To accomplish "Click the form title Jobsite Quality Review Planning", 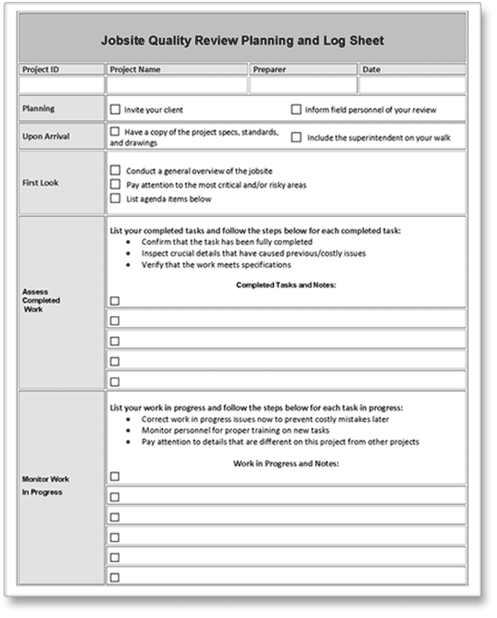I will (241, 41).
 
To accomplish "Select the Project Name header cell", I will (135, 69).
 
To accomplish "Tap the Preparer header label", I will (270, 69).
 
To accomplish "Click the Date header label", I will (371, 69).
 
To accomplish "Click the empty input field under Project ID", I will (61, 84).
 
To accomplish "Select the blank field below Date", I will (411, 84).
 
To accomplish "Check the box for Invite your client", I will (115, 109).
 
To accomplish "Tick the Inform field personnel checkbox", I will (295, 109).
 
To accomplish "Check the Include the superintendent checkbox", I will (295, 137).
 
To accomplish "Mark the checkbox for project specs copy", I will (115, 132).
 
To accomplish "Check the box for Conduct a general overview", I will (115, 170).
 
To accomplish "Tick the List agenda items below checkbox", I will (115, 199).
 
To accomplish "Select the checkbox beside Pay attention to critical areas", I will (115, 184).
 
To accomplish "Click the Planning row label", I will (38, 108).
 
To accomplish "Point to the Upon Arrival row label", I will (45, 136).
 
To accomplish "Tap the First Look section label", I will (41, 183).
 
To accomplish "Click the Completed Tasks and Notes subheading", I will (286, 286).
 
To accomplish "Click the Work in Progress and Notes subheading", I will (286, 463).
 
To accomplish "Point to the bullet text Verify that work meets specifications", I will (216, 265).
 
